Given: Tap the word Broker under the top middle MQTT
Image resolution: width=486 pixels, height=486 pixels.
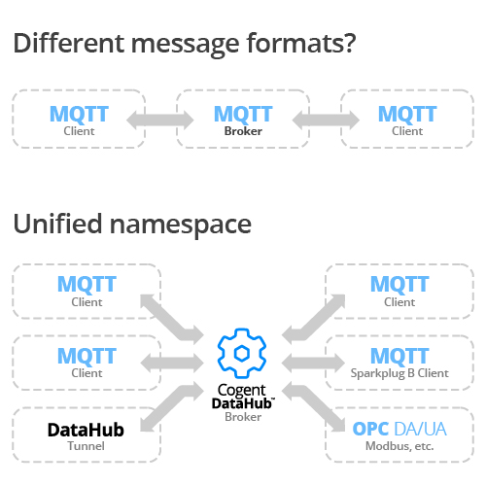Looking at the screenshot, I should point(243,130).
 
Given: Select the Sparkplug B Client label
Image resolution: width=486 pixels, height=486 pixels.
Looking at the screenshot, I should point(399,372).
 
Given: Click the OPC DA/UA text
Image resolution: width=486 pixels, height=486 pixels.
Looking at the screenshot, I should point(399,428).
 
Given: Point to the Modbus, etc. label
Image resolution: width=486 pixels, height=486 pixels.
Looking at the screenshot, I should point(399,445).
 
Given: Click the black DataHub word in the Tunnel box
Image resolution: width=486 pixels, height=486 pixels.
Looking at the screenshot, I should point(87,429).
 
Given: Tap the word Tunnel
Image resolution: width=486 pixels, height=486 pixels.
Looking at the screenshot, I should point(87,445).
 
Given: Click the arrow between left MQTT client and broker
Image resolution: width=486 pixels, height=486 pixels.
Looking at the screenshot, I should point(160,120).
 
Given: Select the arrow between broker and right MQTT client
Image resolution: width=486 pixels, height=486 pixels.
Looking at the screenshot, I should point(325,120).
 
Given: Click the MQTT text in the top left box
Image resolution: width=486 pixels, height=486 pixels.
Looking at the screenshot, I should point(78,114).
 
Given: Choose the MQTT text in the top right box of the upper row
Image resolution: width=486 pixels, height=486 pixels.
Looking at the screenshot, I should point(407,114).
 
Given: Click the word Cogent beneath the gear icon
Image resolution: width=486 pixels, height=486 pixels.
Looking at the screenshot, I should point(243,391).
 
